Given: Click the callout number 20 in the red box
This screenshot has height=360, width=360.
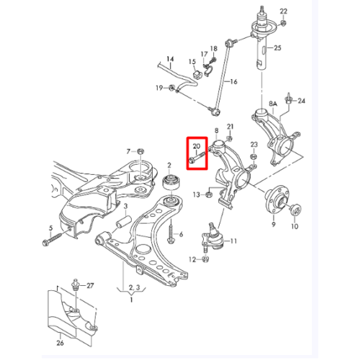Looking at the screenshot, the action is point(197,145).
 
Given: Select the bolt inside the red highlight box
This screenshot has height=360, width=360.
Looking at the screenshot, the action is point(197,158).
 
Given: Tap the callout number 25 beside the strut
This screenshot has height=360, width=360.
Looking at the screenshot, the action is point(277,48).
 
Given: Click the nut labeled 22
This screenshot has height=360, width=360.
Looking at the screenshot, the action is point(283,23).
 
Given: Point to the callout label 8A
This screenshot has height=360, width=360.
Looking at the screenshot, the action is point(273,104).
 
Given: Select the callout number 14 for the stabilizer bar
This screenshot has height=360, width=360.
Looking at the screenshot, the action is point(170,59).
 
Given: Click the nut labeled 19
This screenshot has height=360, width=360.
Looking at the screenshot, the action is point(171,88).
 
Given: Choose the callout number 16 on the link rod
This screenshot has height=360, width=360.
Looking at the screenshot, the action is point(233,81).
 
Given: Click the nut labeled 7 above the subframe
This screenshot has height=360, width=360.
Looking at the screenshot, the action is point(140,151).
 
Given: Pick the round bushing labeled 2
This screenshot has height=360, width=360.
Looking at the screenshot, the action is point(171,183).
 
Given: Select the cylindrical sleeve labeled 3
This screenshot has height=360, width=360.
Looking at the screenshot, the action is point(123,222).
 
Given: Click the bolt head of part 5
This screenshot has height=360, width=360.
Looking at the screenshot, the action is point(45,243).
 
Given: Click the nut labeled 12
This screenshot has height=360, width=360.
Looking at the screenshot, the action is point(205,259).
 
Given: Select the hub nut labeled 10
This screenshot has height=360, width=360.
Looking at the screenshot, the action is point(295,209).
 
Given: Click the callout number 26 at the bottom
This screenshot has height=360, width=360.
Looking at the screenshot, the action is point(60,343).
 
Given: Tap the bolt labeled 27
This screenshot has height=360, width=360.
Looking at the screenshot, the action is point(76,285).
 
